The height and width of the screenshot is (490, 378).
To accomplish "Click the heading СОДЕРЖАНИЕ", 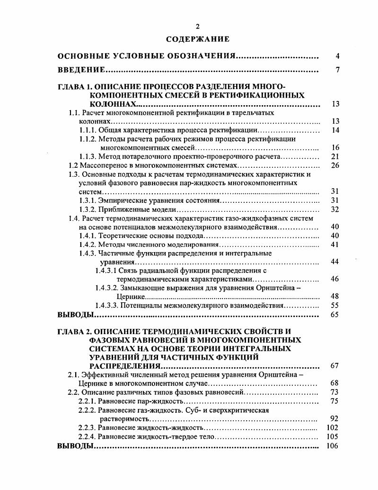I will click(x=198, y=39).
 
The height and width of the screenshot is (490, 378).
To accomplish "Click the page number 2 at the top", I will click(x=198, y=27).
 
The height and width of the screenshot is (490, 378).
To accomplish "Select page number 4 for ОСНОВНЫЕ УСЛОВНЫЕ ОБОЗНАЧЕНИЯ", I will click(x=337, y=57).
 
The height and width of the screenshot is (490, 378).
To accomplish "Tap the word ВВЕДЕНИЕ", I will click(x=81, y=71).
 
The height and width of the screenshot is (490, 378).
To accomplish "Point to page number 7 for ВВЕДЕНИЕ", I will click(x=337, y=71).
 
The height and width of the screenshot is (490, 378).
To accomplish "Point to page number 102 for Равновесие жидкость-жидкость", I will click(x=334, y=428).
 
